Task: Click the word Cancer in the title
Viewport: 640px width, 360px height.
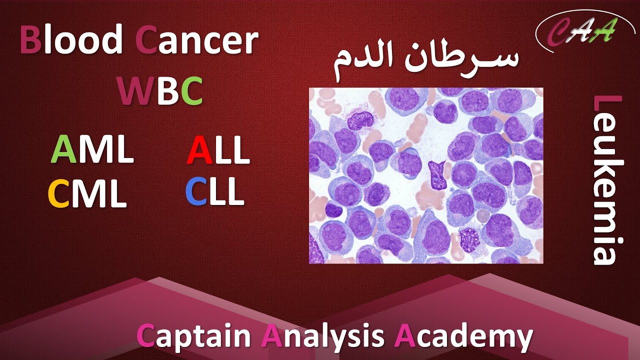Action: tap(197, 41)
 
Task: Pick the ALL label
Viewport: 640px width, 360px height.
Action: tap(218, 150)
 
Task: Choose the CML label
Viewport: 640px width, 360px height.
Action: tap(87, 194)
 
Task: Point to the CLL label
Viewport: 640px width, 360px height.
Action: tap(215, 192)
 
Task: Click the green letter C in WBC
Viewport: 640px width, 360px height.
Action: tap(192, 91)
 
